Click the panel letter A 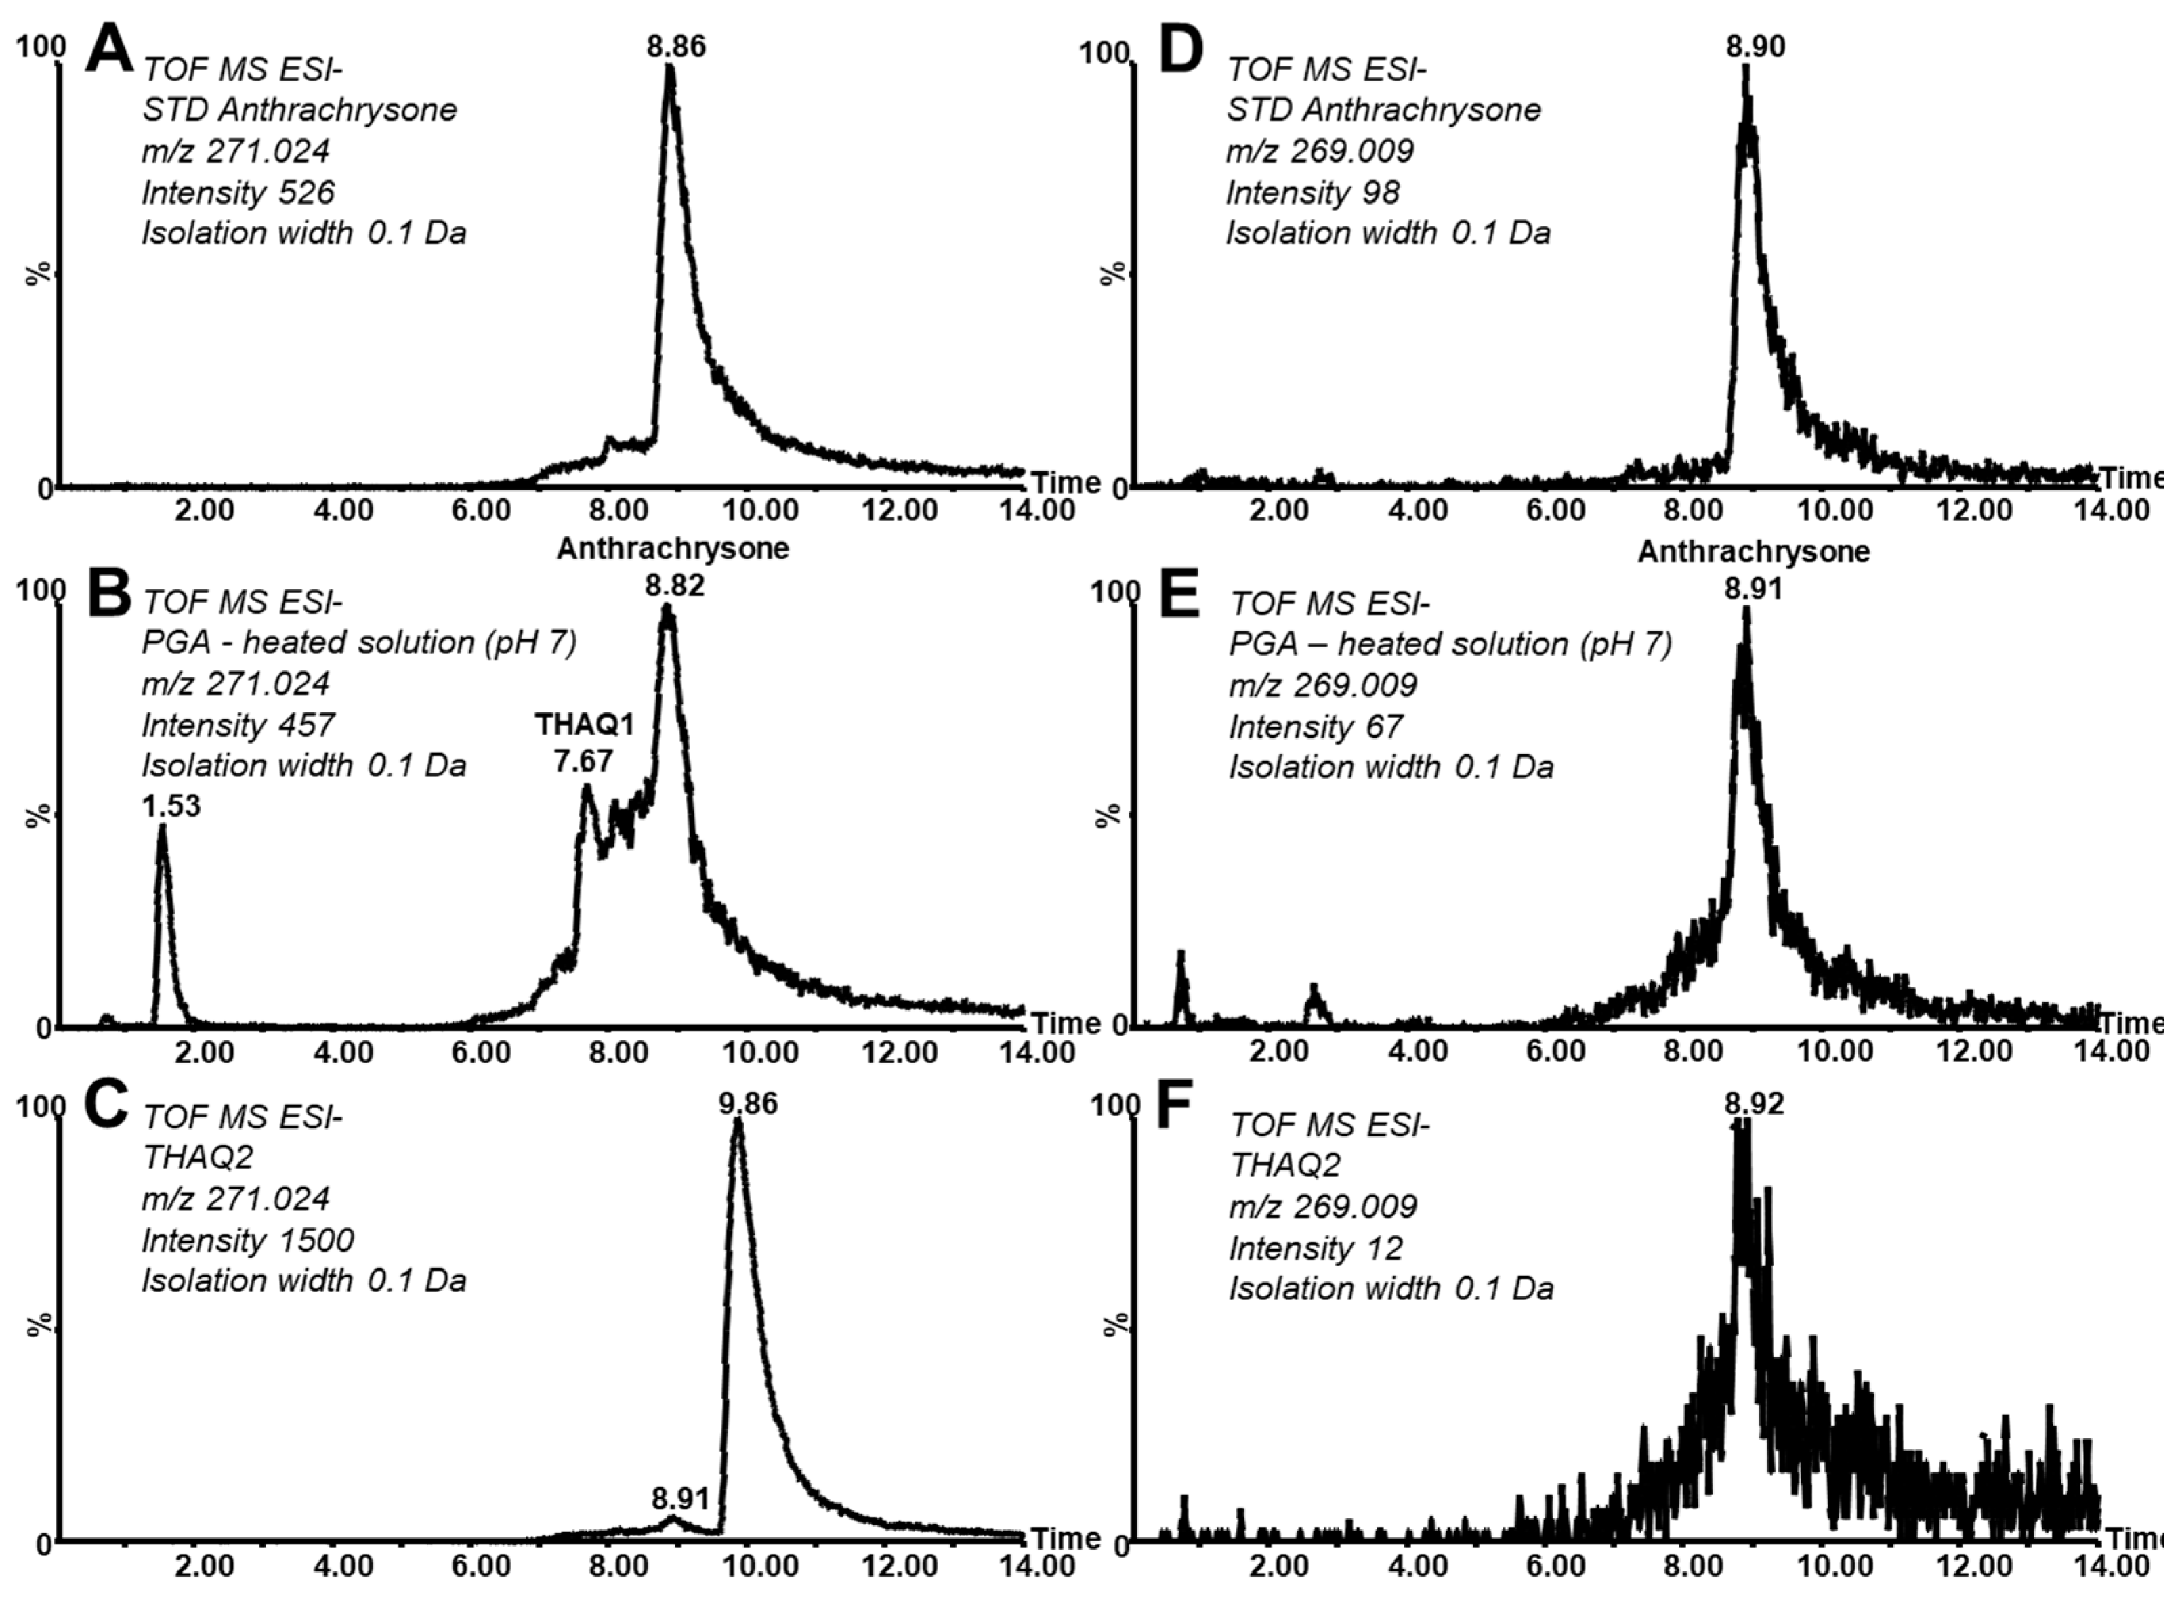click(x=109, y=50)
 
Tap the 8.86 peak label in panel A click(x=677, y=45)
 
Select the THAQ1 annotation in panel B click(x=585, y=723)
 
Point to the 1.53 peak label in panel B click(x=171, y=805)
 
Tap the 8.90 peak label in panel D click(x=1755, y=45)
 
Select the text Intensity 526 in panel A click(x=238, y=192)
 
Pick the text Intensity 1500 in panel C click(x=248, y=1240)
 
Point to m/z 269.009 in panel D click(x=1320, y=151)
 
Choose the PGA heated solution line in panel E click(x=1450, y=643)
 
